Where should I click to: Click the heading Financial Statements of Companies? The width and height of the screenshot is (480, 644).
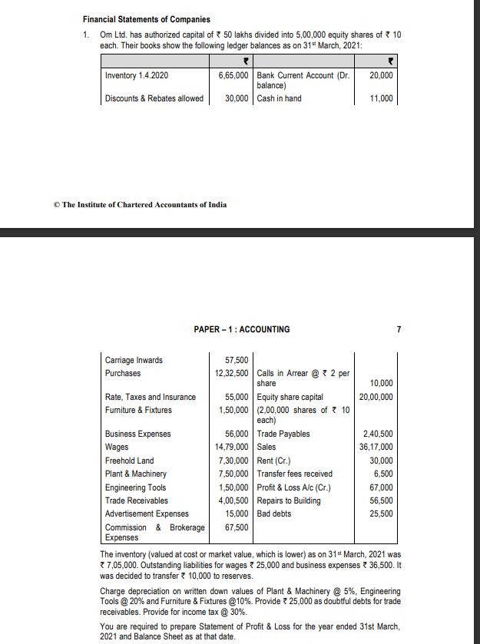pyautogui.click(x=147, y=19)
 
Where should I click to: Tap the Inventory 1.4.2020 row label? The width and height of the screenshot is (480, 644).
pyautogui.click(x=137, y=76)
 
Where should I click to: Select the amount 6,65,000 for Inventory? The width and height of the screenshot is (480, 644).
pyautogui.click(x=232, y=76)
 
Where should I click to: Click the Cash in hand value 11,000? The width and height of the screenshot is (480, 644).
pyautogui.click(x=381, y=98)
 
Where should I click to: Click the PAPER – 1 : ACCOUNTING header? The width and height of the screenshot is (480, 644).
pyautogui.click(x=241, y=329)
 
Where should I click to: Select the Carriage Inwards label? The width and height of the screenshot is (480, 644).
pyautogui.click(x=134, y=359)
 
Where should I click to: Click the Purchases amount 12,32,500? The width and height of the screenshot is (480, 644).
pyautogui.click(x=231, y=373)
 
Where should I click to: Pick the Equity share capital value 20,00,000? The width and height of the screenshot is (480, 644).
pyautogui.click(x=376, y=397)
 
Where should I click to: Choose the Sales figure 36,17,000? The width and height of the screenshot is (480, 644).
pyautogui.click(x=376, y=447)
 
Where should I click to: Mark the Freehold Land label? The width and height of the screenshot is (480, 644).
pyautogui.click(x=129, y=461)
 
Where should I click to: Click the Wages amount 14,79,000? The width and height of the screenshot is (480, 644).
pyautogui.click(x=231, y=447)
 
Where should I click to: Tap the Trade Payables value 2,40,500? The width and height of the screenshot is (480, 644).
pyautogui.click(x=378, y=434)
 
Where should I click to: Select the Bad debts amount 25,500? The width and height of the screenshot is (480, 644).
pyautogui.click(x=381, y=514)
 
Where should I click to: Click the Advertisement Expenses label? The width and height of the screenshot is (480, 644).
pyautogui.click(x=147, y=514)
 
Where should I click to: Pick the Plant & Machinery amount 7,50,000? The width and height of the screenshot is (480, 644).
pyautogui.click(x=233, y=474)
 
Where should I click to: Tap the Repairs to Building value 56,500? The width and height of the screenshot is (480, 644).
pyautogui.click(x=381, y=500)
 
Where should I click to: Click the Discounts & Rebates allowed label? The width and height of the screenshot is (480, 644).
pyautogui.click(x=154, y=98)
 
